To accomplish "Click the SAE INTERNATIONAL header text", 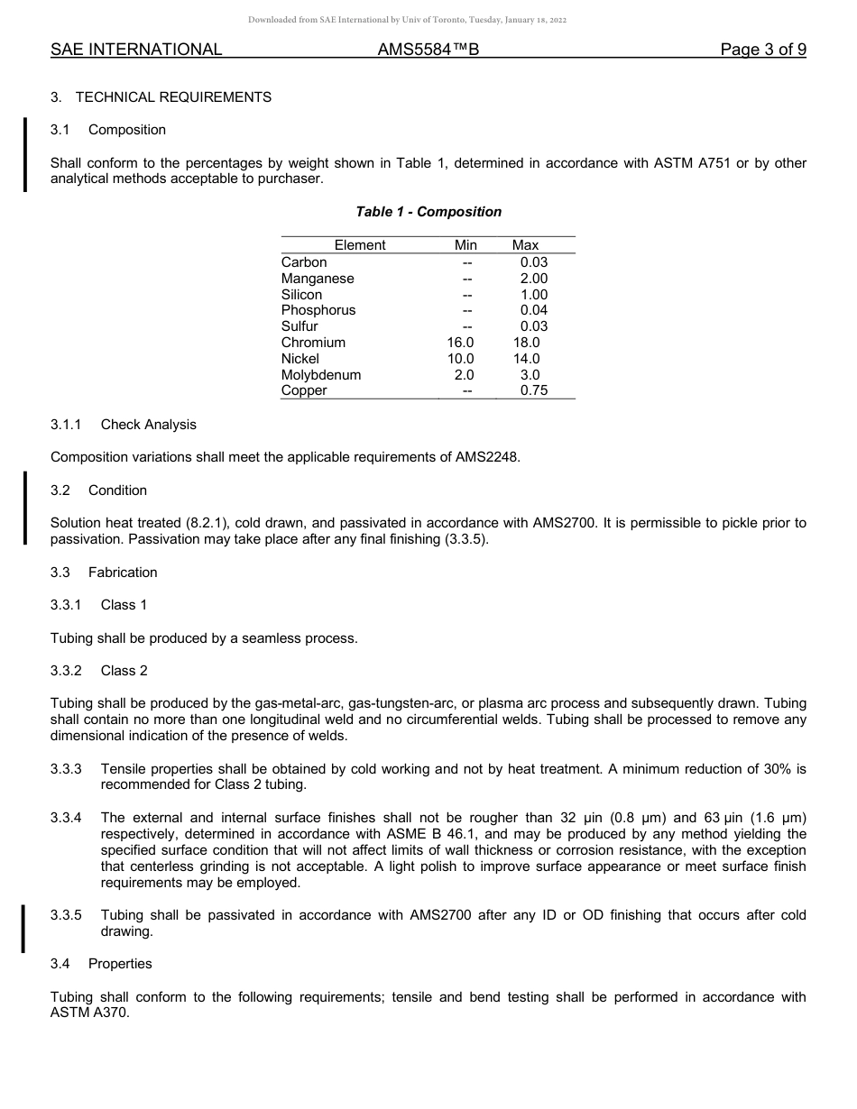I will (136, 50).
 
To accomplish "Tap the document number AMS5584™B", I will (428, 50).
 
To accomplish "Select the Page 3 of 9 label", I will (763, 50).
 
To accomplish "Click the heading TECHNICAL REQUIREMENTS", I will (173, 96).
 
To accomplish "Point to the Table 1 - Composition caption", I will (428, 212).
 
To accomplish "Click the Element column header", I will (359, 245).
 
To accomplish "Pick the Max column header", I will (525, 245).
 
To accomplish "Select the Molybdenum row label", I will (320, 375).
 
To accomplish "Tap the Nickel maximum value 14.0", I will (526, 359).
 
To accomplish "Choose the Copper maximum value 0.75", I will (533, 391).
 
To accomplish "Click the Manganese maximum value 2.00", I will (533, 279).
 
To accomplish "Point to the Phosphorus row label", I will (318, 310).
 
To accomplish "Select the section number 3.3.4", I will (66, 818).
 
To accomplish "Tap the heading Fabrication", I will (123, 573).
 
